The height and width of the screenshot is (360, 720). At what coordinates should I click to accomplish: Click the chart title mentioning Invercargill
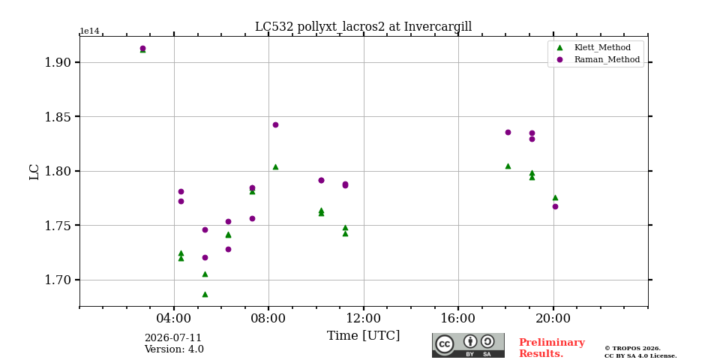pos(363,27)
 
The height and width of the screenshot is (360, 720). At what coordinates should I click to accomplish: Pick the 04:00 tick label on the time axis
pos(174,319)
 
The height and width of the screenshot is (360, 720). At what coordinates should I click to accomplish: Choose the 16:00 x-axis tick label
pos(459,319)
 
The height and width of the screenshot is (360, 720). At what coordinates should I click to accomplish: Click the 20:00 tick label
pos(553,319)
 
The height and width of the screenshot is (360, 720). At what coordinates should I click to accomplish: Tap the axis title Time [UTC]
pos(363,336)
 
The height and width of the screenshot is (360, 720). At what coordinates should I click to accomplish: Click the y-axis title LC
pos(34,172)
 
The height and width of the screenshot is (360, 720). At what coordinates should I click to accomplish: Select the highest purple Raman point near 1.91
pos(142,48)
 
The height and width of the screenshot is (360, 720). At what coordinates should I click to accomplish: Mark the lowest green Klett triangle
pos(205,294)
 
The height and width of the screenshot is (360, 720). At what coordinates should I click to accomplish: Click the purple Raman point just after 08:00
pos(275,125)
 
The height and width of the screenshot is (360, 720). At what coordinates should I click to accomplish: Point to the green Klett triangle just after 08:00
pos(275,167)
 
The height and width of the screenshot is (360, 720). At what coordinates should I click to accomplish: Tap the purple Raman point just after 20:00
pos(555,207)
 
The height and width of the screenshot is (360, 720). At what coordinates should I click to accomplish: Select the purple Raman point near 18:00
pos(508,132)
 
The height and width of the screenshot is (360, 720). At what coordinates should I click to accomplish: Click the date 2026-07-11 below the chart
pos(173,339)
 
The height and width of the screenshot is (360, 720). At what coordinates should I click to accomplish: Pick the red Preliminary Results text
pos(552,348)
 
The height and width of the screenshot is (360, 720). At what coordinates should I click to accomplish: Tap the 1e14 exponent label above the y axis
pos(89,31)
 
